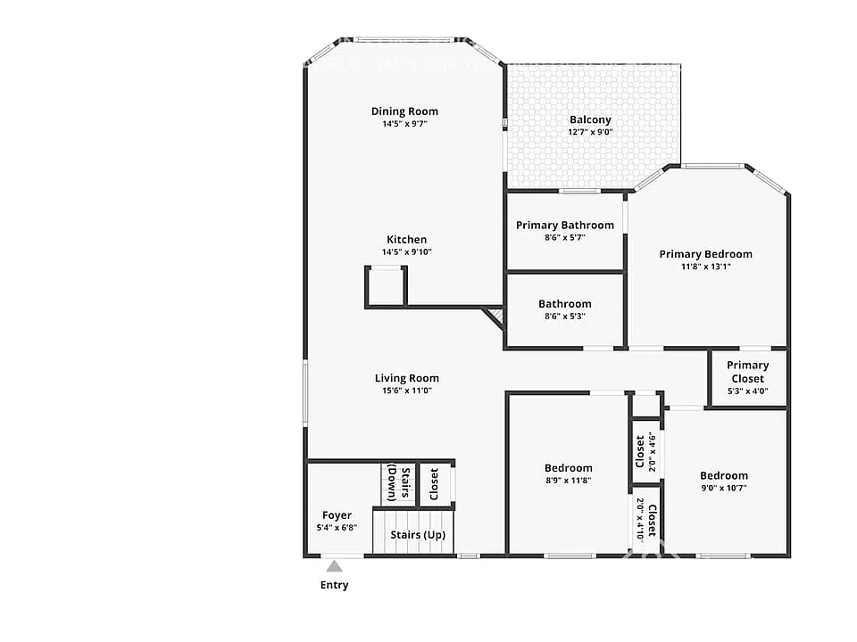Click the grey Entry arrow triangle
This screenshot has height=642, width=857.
(334, 566)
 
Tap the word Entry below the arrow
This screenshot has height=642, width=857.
(334, 585)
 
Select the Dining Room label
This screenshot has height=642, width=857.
(404, 111)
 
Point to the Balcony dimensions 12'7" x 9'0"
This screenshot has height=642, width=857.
(590, 132)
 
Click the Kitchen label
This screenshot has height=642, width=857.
(407, 239)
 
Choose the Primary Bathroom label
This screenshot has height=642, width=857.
(564, 225)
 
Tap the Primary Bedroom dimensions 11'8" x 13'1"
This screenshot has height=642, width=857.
(705, 267)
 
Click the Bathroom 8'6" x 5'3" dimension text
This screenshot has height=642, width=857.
(564, 316)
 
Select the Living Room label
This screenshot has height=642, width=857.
(407, 378)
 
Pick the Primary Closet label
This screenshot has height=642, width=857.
(748, 372)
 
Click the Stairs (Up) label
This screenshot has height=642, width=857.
(418, 535)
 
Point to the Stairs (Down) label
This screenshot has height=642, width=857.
(398, 483)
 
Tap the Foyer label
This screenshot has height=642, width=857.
(337, 514)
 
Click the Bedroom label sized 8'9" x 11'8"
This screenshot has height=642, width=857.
(568, 468)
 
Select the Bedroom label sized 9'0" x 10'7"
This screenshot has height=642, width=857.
(724, 475)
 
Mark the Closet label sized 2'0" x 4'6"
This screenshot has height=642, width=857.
(640, 451)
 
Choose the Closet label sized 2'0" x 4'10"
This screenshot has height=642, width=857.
(652, 520)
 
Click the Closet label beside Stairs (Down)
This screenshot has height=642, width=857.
(434, 484)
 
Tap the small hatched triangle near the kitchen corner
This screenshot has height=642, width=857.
(495, 316)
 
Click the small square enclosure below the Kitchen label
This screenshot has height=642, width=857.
(386, 286)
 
